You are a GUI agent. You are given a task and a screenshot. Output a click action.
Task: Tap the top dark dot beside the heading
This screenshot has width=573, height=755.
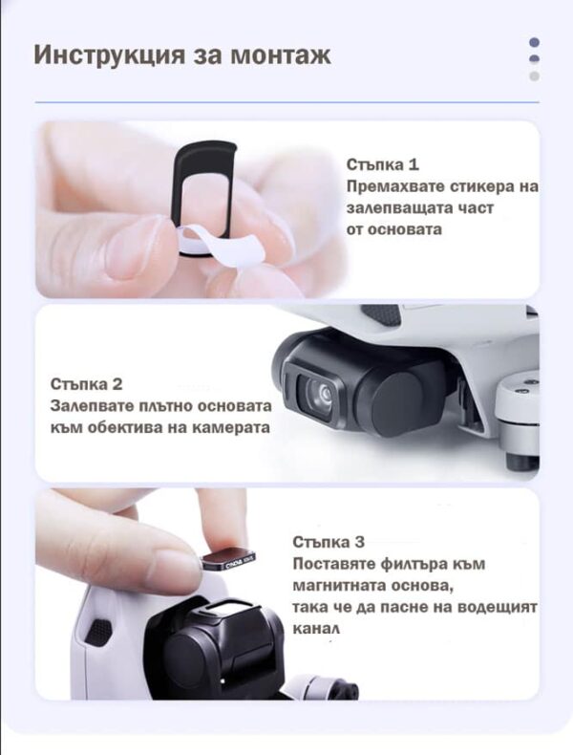click(534, 42)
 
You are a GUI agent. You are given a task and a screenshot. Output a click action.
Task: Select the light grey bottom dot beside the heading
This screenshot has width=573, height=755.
click(534, 75)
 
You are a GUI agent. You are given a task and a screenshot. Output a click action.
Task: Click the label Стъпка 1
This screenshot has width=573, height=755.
click(382, 164)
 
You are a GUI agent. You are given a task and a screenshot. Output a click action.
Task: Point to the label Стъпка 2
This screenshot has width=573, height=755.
click(86, 384)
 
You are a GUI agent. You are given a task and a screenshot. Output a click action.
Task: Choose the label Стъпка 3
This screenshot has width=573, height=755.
click(329, 542)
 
